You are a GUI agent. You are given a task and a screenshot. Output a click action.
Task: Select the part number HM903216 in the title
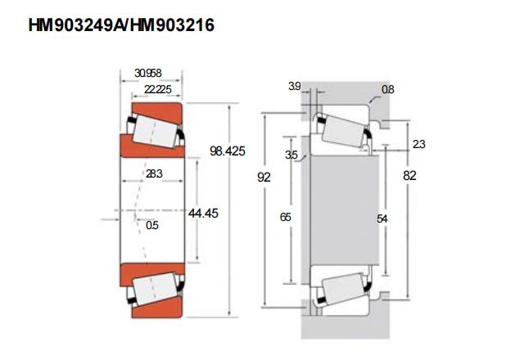click(x=172, y=25)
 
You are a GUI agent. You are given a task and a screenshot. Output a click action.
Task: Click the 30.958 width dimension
click(x=147, y=73)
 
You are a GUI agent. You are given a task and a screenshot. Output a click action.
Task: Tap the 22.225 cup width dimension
click(x=158, y=89)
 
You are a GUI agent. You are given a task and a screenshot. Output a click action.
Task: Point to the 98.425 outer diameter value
click(x=228, y=151)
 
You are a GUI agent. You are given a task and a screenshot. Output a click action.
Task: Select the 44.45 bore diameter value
click(x=203, y=213)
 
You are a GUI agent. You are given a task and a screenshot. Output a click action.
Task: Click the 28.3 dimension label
click(x=154, y=173)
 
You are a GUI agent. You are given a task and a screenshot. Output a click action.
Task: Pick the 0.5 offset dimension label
click(x=152, y=225)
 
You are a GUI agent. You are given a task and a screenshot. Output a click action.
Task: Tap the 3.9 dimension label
click(x=295, y=86)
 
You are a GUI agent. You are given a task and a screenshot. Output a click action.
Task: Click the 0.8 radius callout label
click(x=387, y=89)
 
